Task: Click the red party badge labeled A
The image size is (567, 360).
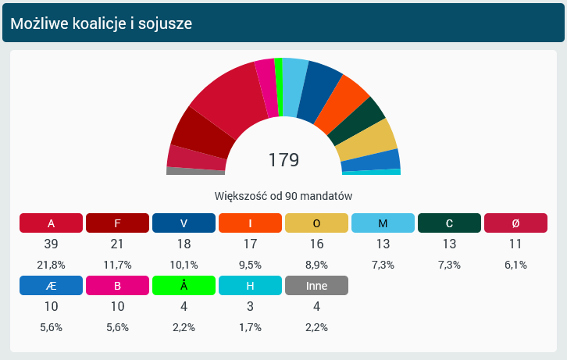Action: [51, 223]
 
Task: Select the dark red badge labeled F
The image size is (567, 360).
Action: [117, 223]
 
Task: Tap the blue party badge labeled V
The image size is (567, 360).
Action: [184, 223]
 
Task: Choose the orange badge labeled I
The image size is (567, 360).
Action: [250, 223]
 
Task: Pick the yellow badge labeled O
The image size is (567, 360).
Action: [316, 223]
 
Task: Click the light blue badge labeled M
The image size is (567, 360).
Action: [383, 223]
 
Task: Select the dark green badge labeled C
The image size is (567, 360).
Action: [449, 223]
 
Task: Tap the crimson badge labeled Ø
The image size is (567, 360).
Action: [515, 223]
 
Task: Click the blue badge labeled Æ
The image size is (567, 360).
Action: [51, 285]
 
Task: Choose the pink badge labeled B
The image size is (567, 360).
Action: [117, 285]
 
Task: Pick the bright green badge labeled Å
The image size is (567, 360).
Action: [184, 285]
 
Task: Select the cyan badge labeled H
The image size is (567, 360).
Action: [250, 285]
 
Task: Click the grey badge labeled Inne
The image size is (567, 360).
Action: [316, 285]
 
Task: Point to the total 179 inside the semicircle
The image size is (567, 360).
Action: [283, 160]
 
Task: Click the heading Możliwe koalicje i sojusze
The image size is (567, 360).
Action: [102, 23]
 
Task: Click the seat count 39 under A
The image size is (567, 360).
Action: [51, 244]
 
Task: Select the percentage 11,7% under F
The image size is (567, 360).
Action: [117, 265]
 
